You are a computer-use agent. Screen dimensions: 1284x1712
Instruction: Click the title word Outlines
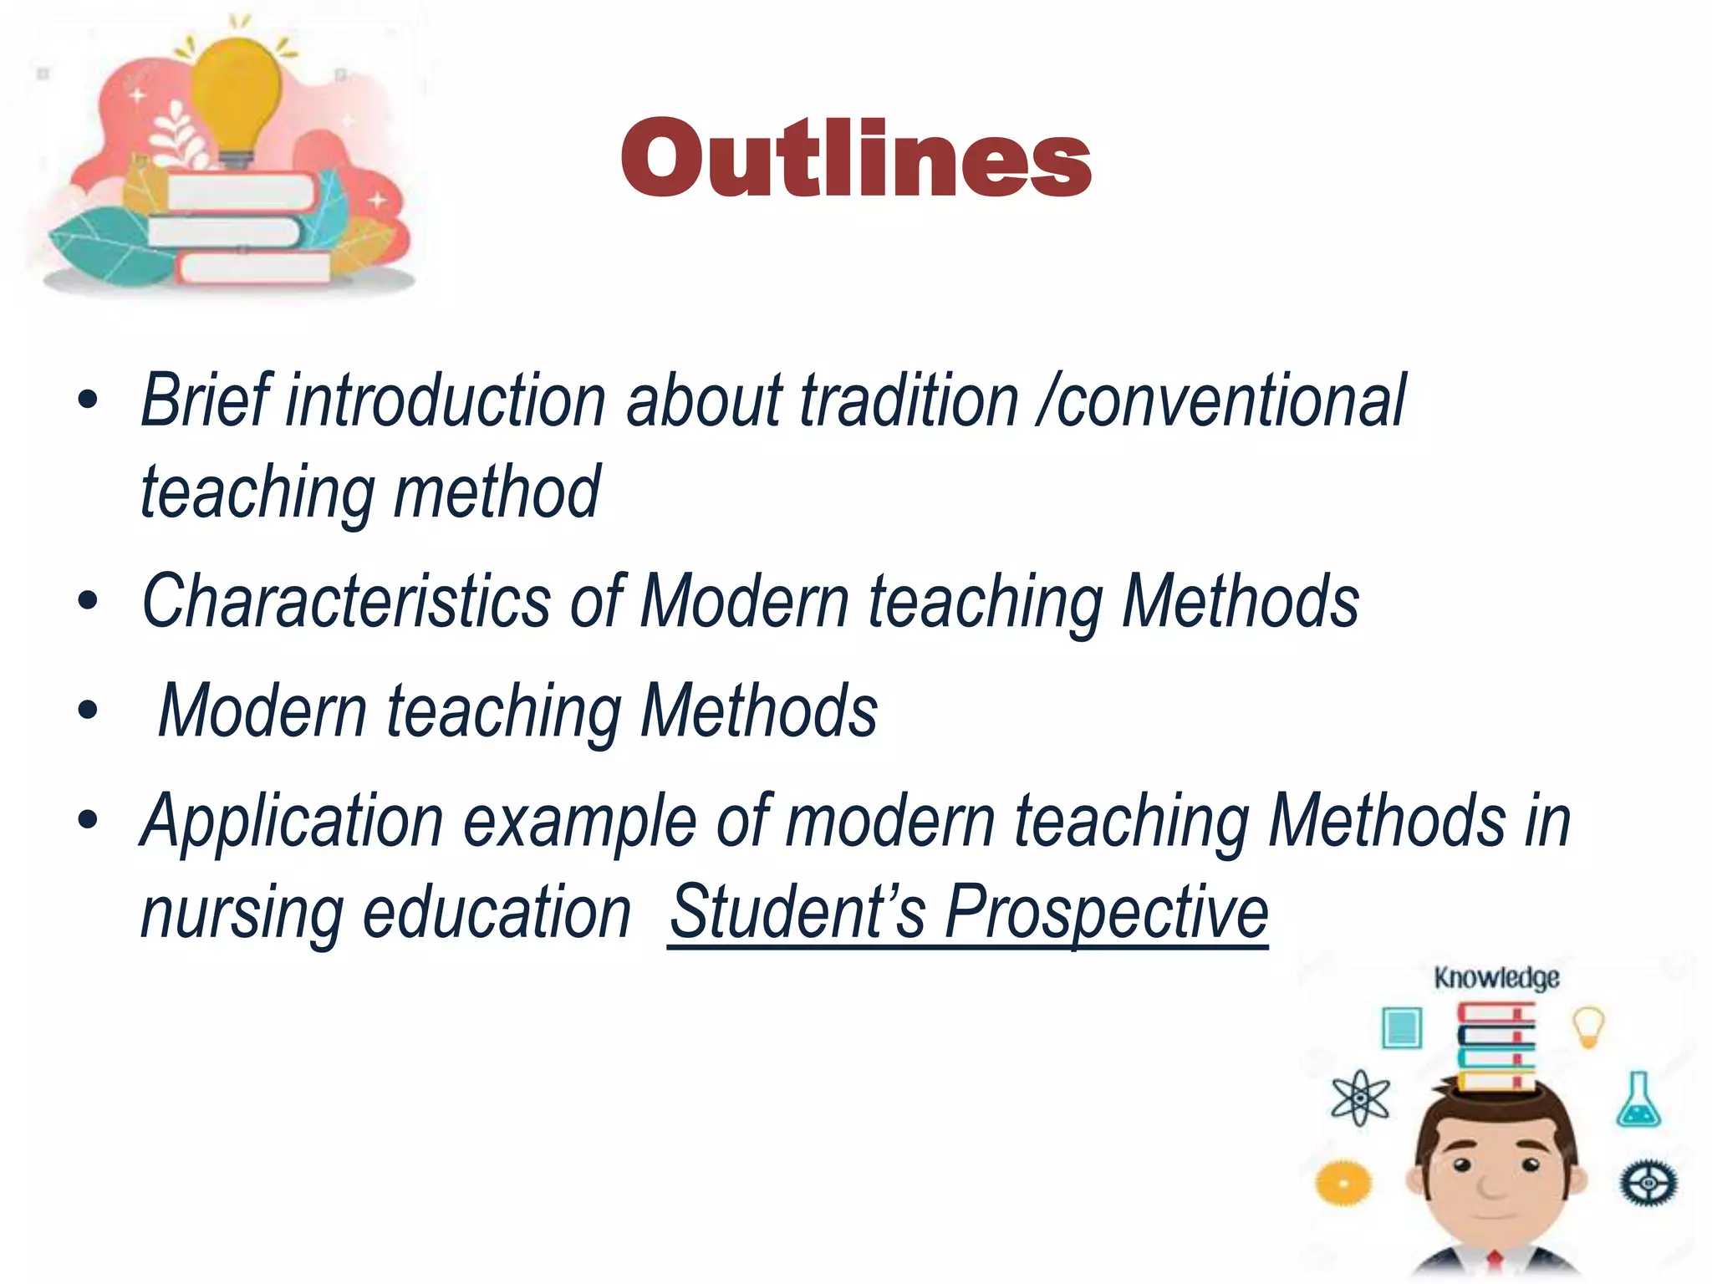856,159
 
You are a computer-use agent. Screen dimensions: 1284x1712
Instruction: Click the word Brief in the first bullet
206,401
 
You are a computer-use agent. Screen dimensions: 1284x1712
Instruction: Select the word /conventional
1221,401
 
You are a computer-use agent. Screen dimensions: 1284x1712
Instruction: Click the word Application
292,822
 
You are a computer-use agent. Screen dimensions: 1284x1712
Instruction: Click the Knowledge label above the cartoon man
1496,977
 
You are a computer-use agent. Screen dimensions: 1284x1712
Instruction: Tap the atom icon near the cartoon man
1360,1098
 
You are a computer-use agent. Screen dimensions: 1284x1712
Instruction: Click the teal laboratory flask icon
1638,1101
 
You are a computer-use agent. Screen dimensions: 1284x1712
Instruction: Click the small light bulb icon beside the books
1588,1026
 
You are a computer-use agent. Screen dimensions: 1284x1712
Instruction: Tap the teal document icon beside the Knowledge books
1402,1027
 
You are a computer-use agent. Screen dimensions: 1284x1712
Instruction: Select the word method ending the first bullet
497,492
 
